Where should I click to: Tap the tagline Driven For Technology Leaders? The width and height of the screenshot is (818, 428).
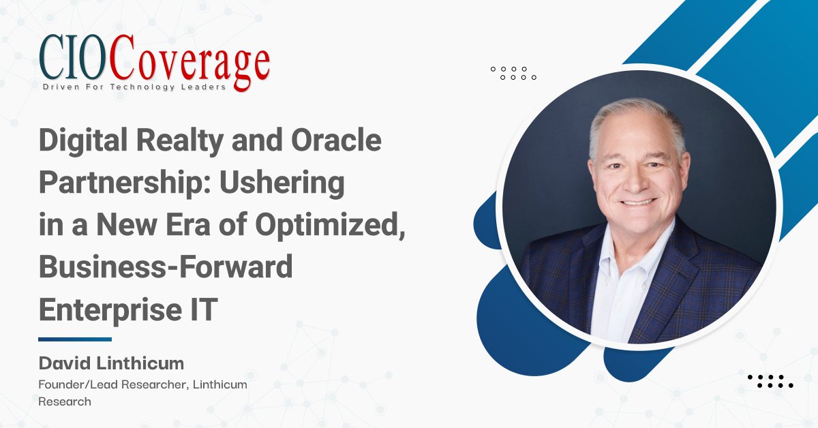[134, 88]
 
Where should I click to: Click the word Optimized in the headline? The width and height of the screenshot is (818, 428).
[347, 226]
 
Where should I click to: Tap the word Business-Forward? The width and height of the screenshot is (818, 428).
[166, 267]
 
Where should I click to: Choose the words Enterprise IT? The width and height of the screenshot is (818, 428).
[127, 309]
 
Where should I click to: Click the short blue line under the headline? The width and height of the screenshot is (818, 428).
[75, 339]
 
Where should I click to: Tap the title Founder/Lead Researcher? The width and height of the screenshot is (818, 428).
[110, 385]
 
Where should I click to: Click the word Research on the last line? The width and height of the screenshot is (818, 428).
[64, 402]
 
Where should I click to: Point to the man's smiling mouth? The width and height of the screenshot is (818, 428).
[639, 202]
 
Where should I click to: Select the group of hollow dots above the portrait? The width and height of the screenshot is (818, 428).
[513, 73]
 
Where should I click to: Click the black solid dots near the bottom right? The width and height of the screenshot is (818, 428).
[770, 381]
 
